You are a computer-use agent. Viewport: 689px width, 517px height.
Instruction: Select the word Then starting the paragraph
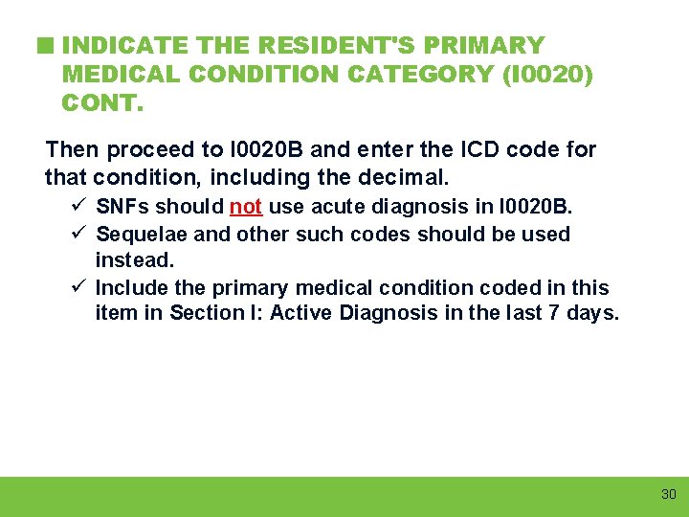74,150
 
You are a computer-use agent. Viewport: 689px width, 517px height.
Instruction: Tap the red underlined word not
246,207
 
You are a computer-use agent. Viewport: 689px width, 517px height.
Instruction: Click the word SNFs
124,207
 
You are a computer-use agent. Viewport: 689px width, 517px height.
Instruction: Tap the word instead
135,259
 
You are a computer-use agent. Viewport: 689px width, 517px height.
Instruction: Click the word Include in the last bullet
129,288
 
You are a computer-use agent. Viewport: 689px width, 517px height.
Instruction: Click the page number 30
668,494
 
